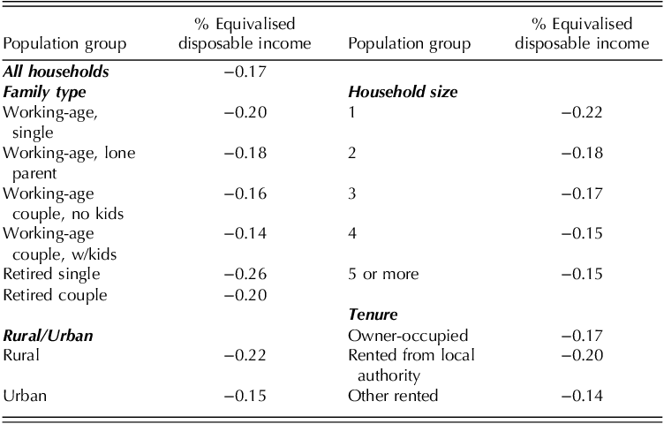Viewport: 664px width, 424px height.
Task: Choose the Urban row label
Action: [24, 396]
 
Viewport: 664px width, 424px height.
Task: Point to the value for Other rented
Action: [584, 396]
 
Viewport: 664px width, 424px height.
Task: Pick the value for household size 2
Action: [584, 153]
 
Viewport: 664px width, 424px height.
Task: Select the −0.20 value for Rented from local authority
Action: [584, 355]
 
